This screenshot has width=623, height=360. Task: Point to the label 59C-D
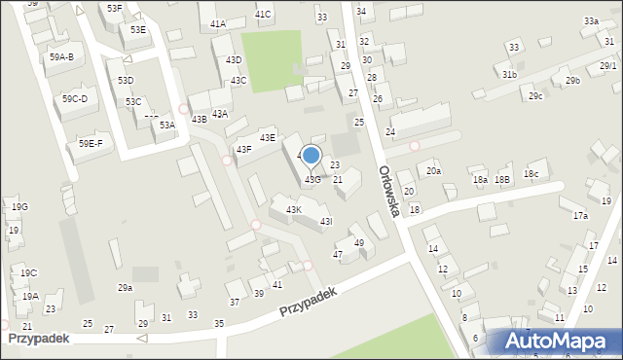click(75, 98)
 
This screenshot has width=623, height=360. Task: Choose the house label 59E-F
click(90, 144)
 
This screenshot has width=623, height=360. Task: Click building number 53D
click(126, 80)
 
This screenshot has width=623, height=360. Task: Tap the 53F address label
click(115, 8)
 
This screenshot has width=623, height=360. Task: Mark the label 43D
click(234, 60)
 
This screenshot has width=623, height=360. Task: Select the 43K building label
click(293, 209)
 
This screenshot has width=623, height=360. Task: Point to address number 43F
click(243, 149)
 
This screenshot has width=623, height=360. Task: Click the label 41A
click(217, 23)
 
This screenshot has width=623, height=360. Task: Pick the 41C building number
click(263, 15)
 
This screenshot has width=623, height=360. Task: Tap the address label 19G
click(19, 207)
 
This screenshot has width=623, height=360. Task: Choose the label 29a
click(125, 287)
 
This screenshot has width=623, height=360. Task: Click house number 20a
click(433, 171)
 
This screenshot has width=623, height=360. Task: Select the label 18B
click(502, 179)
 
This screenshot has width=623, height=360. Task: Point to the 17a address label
click(580, 215)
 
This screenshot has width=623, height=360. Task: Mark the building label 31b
click(509, 74)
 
